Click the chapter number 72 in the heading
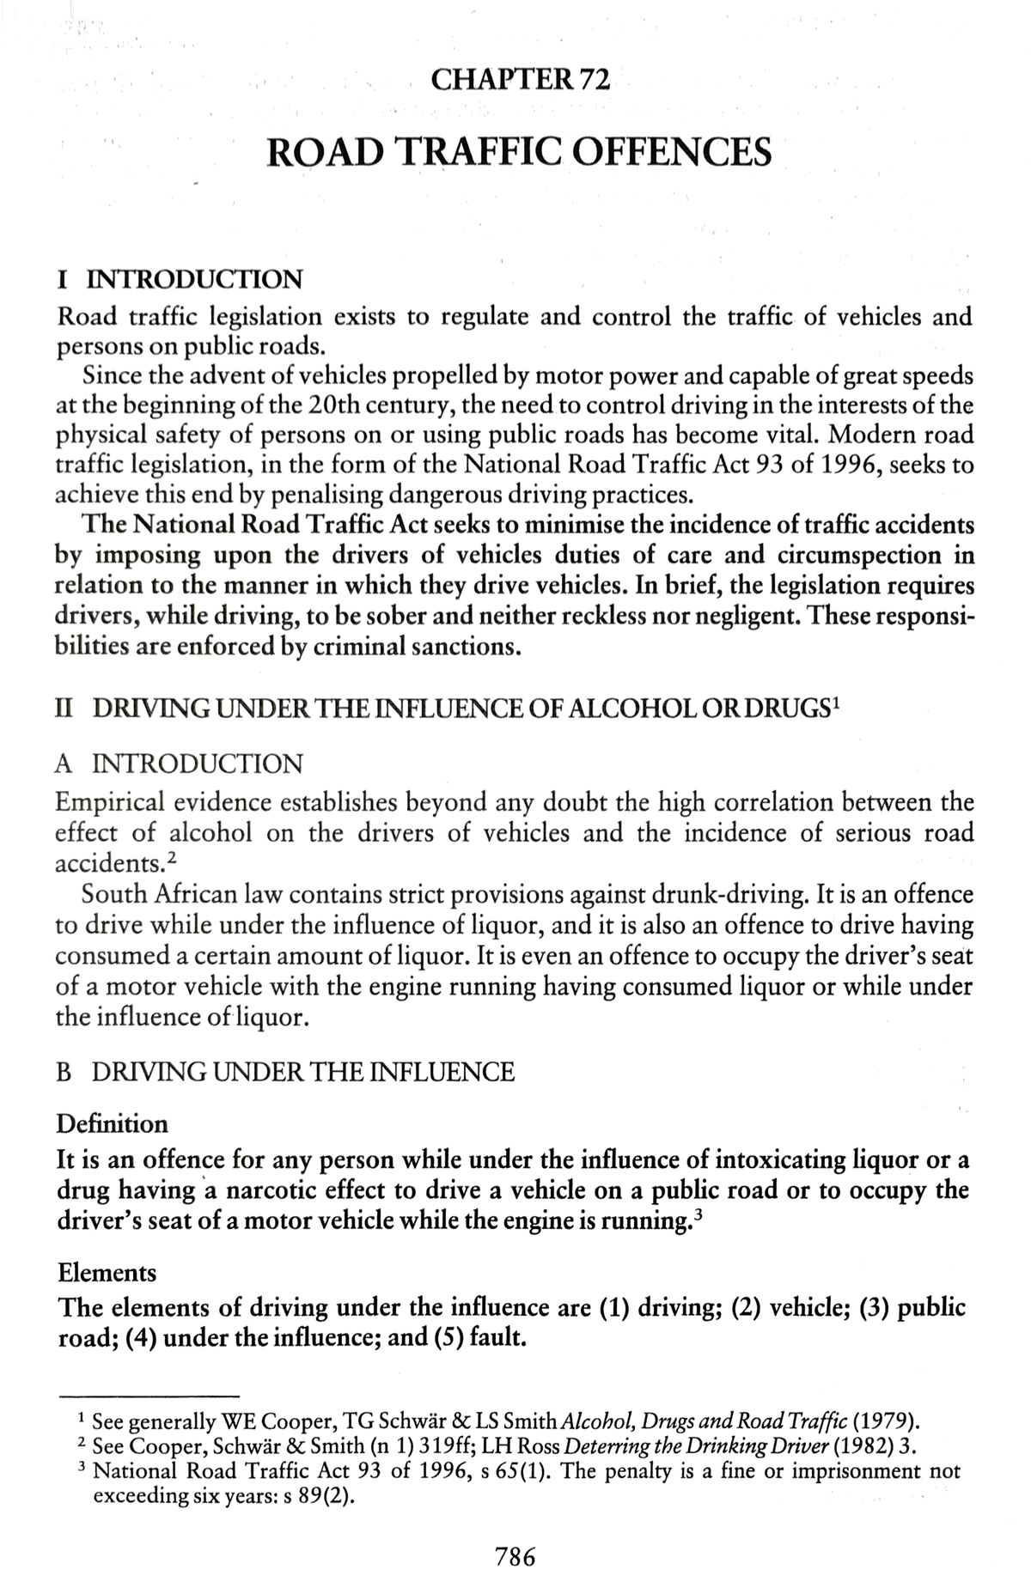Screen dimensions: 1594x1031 pyautogui.click(x=593, y=81)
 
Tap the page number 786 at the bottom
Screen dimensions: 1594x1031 pyautogui.click(x=515, y=1555)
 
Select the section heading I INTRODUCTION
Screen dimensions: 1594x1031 pyautogui.click(x=180, y=279)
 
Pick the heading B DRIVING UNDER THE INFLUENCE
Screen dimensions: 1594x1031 pyautogui.click(x=285, y=1072)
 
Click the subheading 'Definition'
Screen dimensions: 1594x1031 pyautogui.click(x=112, y=1123)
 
